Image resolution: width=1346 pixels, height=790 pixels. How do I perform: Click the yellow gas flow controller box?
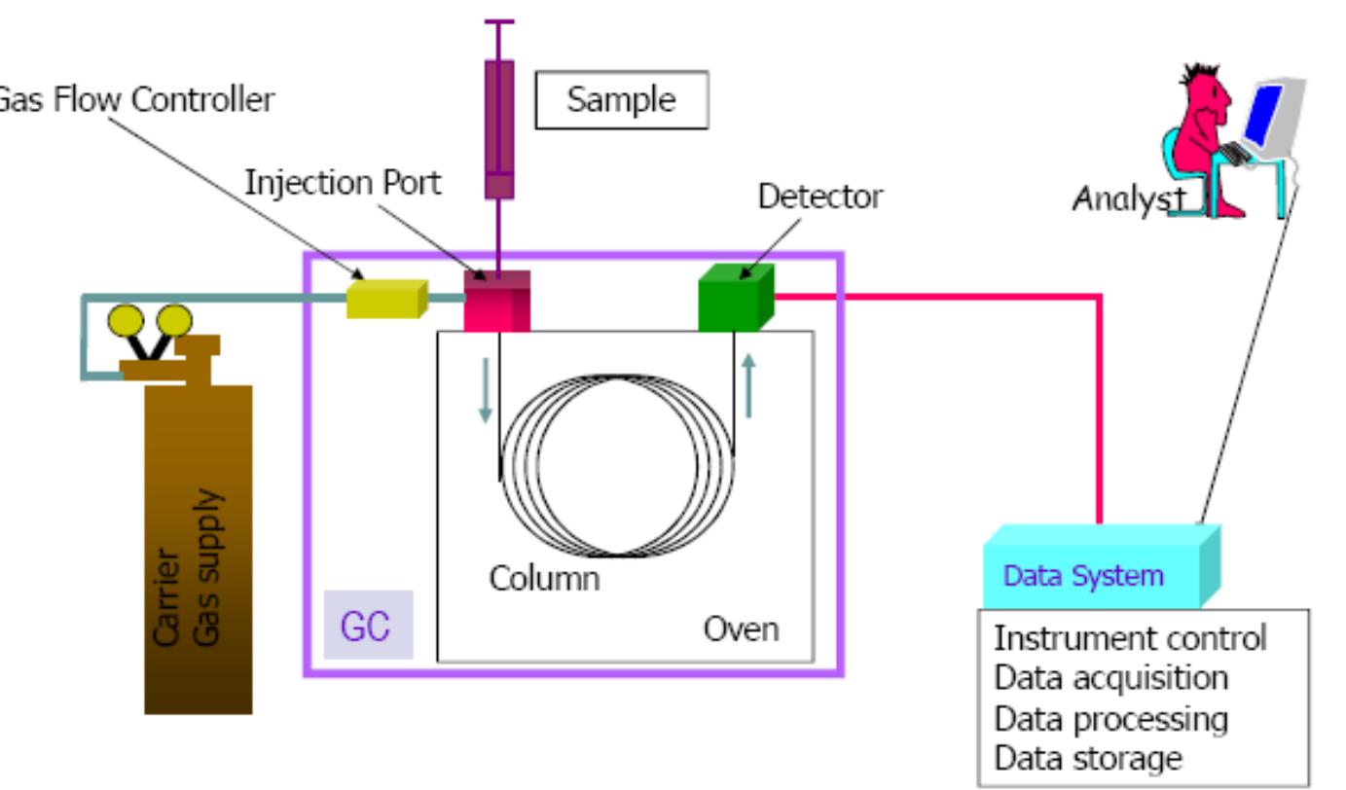[x=386, y=300]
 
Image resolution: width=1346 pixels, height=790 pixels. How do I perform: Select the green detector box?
[x=735, y=299]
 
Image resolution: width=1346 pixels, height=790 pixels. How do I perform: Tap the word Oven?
[x=742, y=628]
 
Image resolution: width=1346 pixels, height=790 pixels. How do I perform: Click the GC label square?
[x=367, y=625]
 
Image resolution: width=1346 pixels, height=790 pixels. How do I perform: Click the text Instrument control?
[x=1130, y=639]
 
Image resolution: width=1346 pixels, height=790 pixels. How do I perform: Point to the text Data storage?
[x=1088, y=758]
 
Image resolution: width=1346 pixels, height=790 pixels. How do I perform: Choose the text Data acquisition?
[x=1110, y=678]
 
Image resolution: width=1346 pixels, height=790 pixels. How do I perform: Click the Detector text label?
[x=820, y=197]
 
